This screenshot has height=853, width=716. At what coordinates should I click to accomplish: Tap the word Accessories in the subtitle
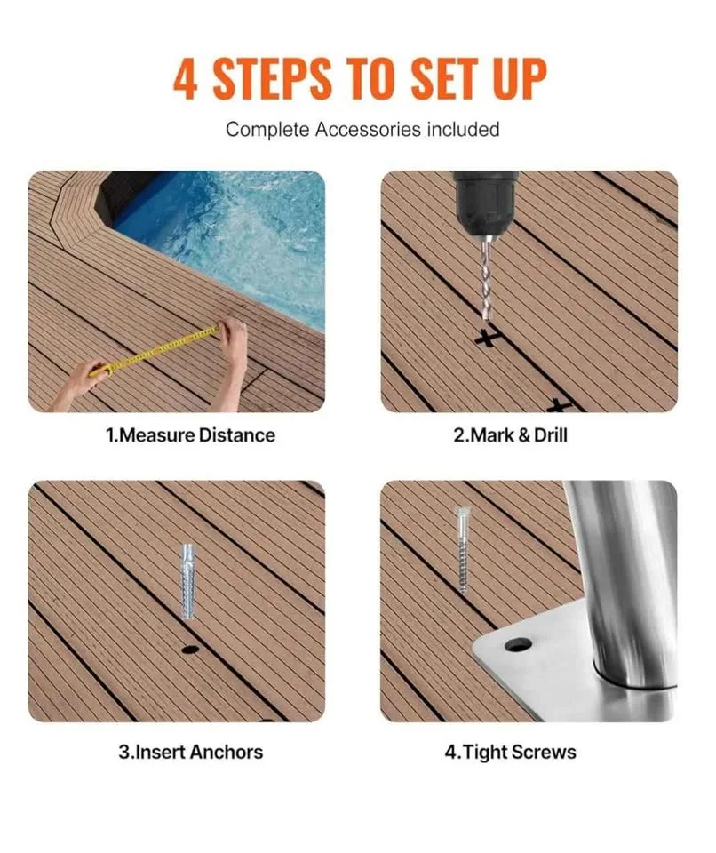[x=368, y=130]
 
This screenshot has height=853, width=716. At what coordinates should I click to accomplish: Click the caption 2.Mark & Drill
[x=511, y=435]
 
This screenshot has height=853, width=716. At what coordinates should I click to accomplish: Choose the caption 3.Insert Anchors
[x=191, y=752]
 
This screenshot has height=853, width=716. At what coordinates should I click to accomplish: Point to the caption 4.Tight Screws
[x=510, y=752]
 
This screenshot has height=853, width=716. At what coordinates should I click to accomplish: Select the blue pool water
[x=240, y=231]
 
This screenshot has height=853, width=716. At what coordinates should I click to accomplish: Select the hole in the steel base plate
[x=517, y=643]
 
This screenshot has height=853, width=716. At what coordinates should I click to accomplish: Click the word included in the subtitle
[x=462, y=130]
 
